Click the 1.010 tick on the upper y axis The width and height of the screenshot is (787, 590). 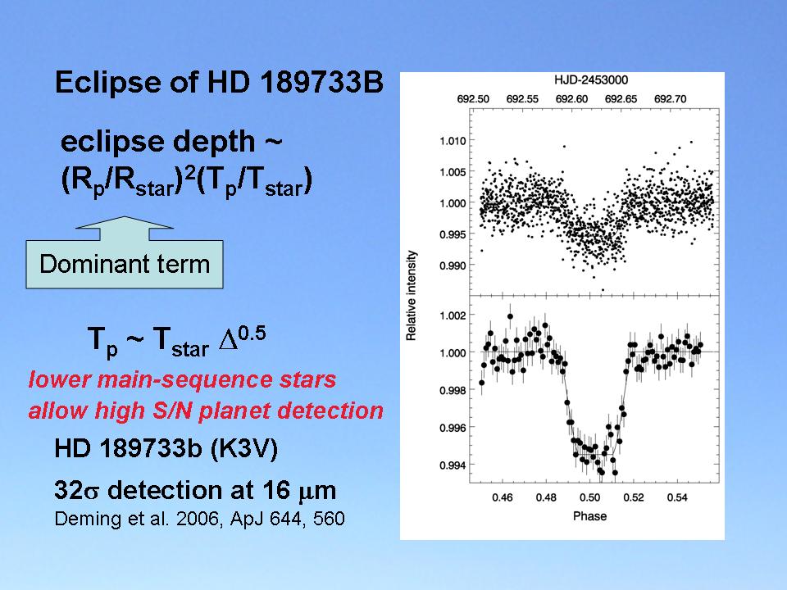[x=451, y=142]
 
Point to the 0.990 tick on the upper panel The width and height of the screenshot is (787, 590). [x=451, y=265]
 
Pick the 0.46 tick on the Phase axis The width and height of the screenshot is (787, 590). [x=502, y=497]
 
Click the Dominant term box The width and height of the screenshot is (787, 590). [x=125, y=265]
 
